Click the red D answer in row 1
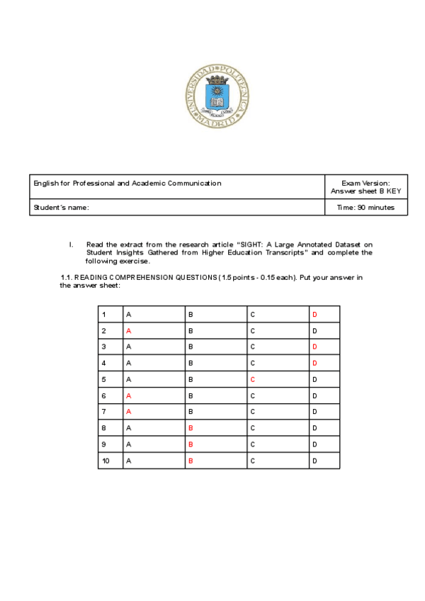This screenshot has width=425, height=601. pyautogui.click(x=314, y=314)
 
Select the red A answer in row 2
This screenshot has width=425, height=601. pyautogui.click(x=128, y=330)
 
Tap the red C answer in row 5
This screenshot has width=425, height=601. pyautogui.click(x=252, y=379)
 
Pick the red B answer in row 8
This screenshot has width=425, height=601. pyautogui.click(x=191, y=428)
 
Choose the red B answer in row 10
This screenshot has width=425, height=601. pyautogui.click(x=191, y=461)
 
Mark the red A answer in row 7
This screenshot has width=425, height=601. pyautogui.click(x=128, y=412)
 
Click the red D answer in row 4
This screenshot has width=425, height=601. pyautogui.click(x=314, y=363)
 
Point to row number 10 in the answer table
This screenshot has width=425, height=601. pyautogui.click(x=106, y=461)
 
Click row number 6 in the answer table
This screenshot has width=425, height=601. pyautogui.click(x=104, y=395)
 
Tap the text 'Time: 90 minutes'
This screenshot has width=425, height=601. pyautogui.click(x=365, y=207)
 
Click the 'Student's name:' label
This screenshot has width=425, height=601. pyautogui.click(x=61, y=207)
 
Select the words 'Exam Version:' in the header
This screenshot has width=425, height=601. pyautogui.click(x=365, y=183)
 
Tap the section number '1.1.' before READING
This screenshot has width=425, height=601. pyautogui.click(x=67, y=277)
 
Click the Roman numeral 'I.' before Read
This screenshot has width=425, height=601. pyautogui.click(x=72, y=244)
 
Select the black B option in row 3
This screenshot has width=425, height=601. pyautogui.click(x=191, y=347)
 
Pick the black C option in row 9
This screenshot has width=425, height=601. pyautogui.click(x=252, y=444)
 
